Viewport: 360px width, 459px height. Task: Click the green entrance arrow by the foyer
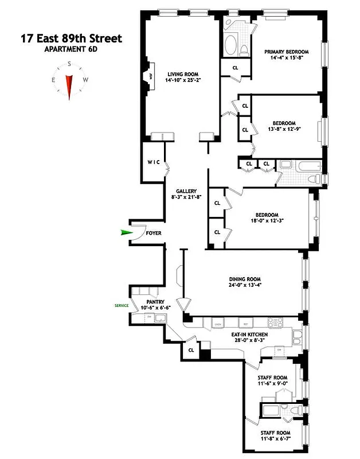click(x=126, y=232)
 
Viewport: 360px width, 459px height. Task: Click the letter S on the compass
click(x=69, y=64)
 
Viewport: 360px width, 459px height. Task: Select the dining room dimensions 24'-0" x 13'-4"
click(x=246, y=286)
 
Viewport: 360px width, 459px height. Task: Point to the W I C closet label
click(x=152, y=162)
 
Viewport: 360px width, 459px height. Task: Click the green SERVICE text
click(x=122, y=306)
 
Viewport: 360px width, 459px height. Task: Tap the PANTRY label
click(x=155, y=301)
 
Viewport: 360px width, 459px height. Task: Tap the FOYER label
click(x=154, y=234)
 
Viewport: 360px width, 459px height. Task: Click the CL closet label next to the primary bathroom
click(x=235, y=67)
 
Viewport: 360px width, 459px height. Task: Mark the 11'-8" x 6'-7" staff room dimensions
click(x=273, y=440)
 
